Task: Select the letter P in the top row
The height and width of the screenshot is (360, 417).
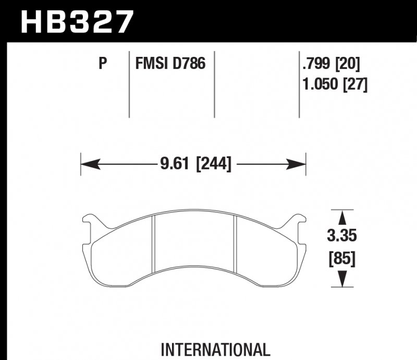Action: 103,64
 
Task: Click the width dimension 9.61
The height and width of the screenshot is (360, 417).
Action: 173,164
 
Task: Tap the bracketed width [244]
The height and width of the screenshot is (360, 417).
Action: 212,164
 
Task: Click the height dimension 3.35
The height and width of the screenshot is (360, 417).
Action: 342,236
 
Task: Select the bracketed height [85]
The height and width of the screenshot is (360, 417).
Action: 342,258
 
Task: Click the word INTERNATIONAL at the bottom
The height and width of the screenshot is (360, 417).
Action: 215,349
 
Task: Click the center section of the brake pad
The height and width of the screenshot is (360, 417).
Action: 194,245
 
